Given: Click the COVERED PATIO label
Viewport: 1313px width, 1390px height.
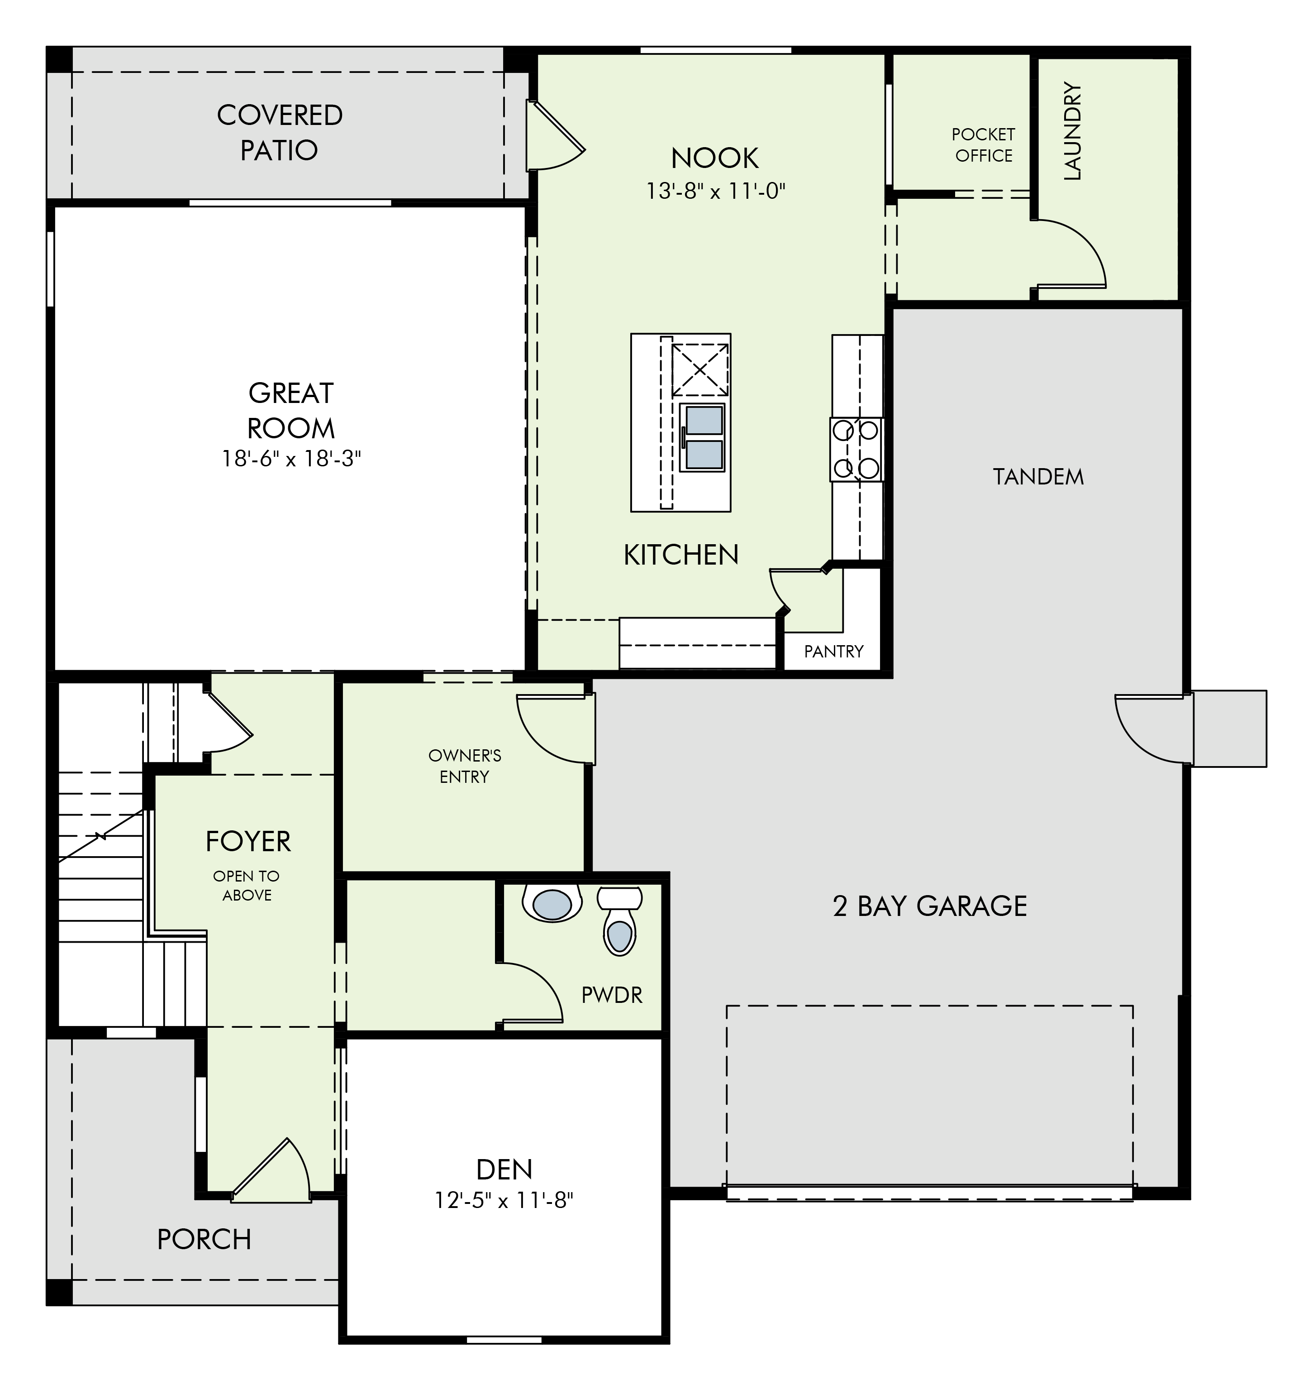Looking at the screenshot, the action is pyautogui.click(x=279, y=132).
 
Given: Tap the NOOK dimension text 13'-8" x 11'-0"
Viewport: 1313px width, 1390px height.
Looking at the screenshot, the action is pyautogui.click(x=715, y=191).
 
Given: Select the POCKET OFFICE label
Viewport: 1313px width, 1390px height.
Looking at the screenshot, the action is pyautogui.click(x=983, y=145).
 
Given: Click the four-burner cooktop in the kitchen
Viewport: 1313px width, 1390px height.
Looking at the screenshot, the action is pyautogui.click(x=856, y=449).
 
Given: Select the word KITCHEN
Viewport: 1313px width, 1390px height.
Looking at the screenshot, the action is pyautogui.click(x=681, y=555).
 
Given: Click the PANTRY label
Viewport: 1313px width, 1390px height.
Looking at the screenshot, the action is pyautogui.click(x=833, y=652).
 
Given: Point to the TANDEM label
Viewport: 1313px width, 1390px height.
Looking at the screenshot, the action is pyautogui.click(x=1038, y=477).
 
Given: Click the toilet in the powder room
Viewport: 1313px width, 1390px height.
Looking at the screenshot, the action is pyautogui.click(x=619, y=920).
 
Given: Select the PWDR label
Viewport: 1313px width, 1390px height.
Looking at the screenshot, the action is pyautogui.click(x=612, y=995).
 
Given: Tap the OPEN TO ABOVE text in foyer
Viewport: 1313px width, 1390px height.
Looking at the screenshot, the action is pyautogui.click(x=247, y=885).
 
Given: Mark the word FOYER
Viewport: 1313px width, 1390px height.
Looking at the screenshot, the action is pyautogui.click(x=248, y=841).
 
